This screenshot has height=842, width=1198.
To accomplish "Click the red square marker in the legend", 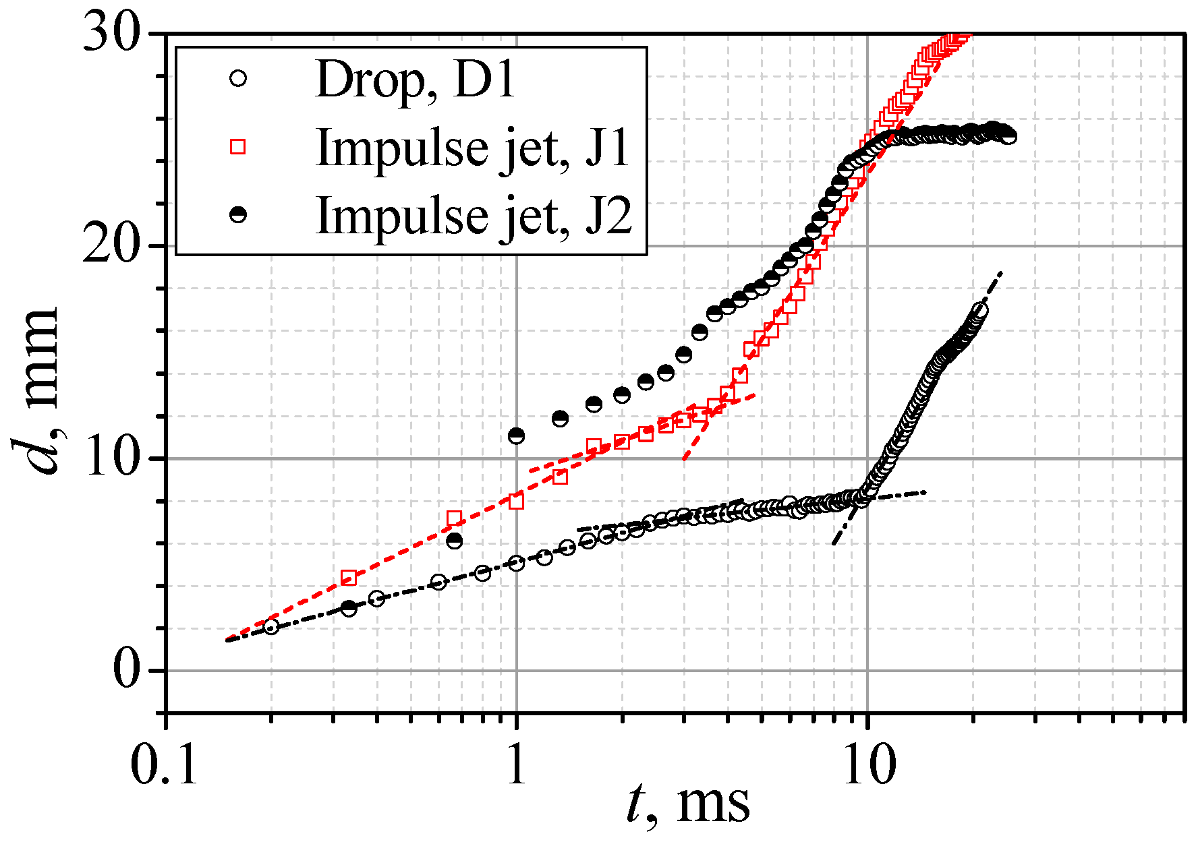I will (x=237, y=146).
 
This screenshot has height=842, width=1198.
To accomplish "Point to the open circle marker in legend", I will (x=237, y=78).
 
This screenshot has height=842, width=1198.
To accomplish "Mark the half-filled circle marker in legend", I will (x=237, y=214).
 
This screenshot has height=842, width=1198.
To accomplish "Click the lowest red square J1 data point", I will (x=349, y=577).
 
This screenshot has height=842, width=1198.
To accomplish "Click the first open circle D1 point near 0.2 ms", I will (x=271, y=628).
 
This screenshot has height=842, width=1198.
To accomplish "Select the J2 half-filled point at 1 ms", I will (x=516, y=435).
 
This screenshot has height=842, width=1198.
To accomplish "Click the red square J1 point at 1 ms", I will (x=516, y=501).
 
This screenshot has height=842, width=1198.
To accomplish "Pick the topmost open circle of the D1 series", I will (x=980, y=310).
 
